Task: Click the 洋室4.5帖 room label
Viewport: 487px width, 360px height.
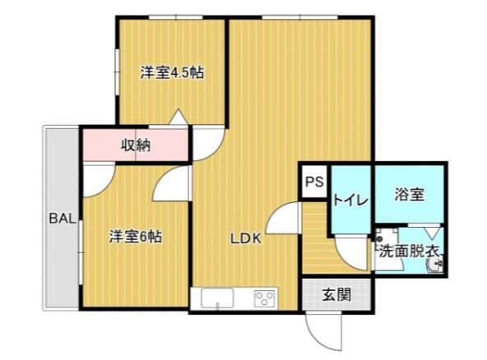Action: pos(171,73)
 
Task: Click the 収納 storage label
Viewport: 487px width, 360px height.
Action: pos(136,146)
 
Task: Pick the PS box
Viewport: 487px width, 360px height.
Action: pos(313,182)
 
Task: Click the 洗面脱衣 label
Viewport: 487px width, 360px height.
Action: pos(410,251)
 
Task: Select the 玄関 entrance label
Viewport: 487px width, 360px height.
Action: pos(336,293)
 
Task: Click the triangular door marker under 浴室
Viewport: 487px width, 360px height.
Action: pos(430,232)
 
